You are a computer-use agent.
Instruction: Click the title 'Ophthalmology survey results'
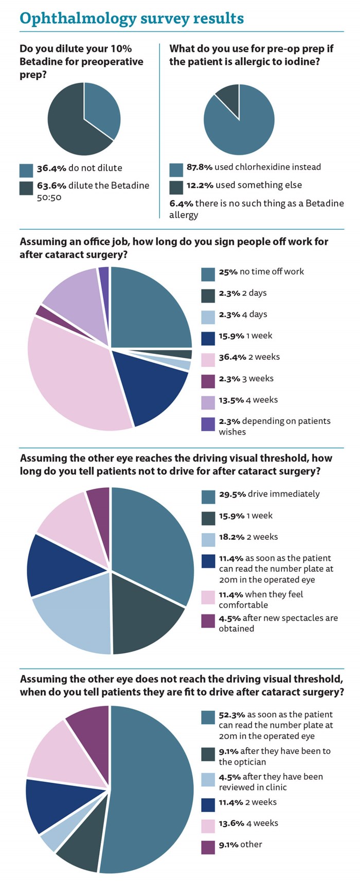(131, 18)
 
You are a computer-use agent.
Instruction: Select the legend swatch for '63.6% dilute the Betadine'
(26, 188)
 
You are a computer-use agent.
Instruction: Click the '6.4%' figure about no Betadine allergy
(181, 203)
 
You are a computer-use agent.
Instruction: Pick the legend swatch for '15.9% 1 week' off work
(208, 338)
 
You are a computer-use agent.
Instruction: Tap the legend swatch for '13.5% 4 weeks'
(208, 402)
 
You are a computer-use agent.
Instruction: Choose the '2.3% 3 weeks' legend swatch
(208, 381)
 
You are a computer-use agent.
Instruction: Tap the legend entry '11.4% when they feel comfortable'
(267, 599)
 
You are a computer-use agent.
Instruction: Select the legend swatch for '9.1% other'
(208, 847)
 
